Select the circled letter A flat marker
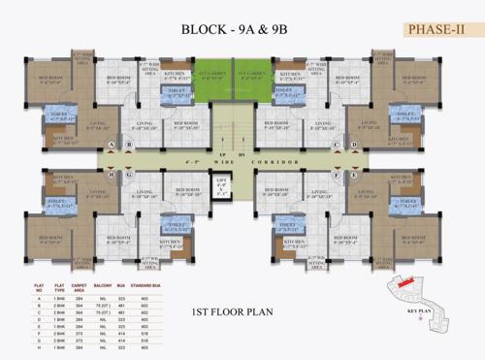(x=113, y=147)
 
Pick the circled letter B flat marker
(x=128, y=147)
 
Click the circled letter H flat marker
(x=113, y=175)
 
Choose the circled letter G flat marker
(x=128, y=175)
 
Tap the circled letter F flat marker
(x=338, y=175)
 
